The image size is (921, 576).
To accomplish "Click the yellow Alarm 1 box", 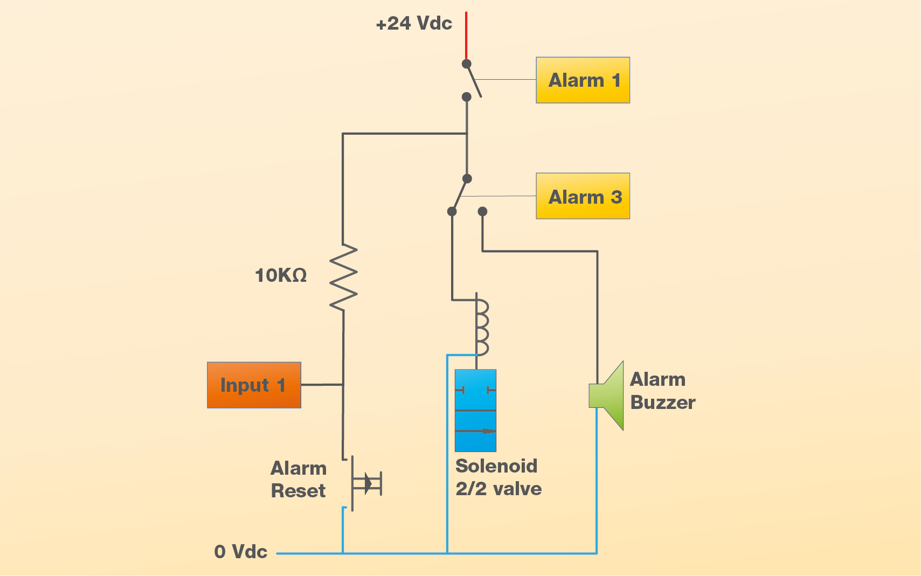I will coord(583,80).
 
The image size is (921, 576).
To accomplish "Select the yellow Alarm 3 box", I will coord(583,196).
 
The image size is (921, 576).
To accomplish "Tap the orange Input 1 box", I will coord(254,385).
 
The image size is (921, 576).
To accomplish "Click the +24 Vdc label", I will coord(414,24).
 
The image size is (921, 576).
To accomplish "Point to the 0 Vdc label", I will coord(241,552).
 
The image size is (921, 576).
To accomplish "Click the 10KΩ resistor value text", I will coord(281,275).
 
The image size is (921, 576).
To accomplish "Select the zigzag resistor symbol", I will coord(343,277).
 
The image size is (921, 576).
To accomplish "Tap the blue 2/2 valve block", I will coord(475,410).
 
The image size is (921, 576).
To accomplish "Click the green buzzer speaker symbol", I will coord(607,395).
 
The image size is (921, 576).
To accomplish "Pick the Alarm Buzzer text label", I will coord(662,391).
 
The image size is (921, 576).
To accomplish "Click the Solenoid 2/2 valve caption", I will coord(498,477).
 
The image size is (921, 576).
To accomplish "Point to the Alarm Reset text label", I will coord(299,480).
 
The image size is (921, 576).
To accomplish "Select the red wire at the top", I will coord(466,35).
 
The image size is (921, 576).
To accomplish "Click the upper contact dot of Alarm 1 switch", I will coord(467,64).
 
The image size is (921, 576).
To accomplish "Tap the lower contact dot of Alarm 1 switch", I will coord(467,97).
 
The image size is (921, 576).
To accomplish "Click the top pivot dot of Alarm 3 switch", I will coord(467,178).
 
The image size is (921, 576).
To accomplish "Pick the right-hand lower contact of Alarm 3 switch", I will coord(482,212).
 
